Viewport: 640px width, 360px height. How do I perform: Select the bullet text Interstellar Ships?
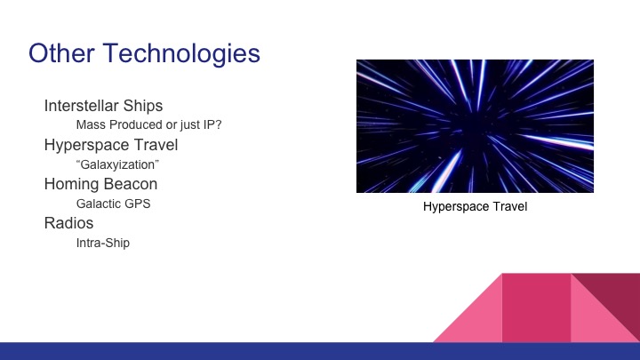(103, 107)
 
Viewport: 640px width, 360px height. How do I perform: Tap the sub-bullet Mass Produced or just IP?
(148, 125)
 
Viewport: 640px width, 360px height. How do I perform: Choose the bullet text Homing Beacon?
(100, 184)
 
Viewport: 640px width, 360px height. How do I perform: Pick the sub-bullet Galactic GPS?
(113, 204)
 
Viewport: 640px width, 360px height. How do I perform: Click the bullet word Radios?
(68, 223)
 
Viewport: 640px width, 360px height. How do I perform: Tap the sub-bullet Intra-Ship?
(103, 242)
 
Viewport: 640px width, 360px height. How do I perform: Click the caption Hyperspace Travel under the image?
(475, 208)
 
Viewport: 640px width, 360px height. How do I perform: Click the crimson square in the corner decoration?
(536, 307)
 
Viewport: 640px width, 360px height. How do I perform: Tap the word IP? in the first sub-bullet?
(211, 125)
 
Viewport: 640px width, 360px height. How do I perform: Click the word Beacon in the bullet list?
(132, 184)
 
